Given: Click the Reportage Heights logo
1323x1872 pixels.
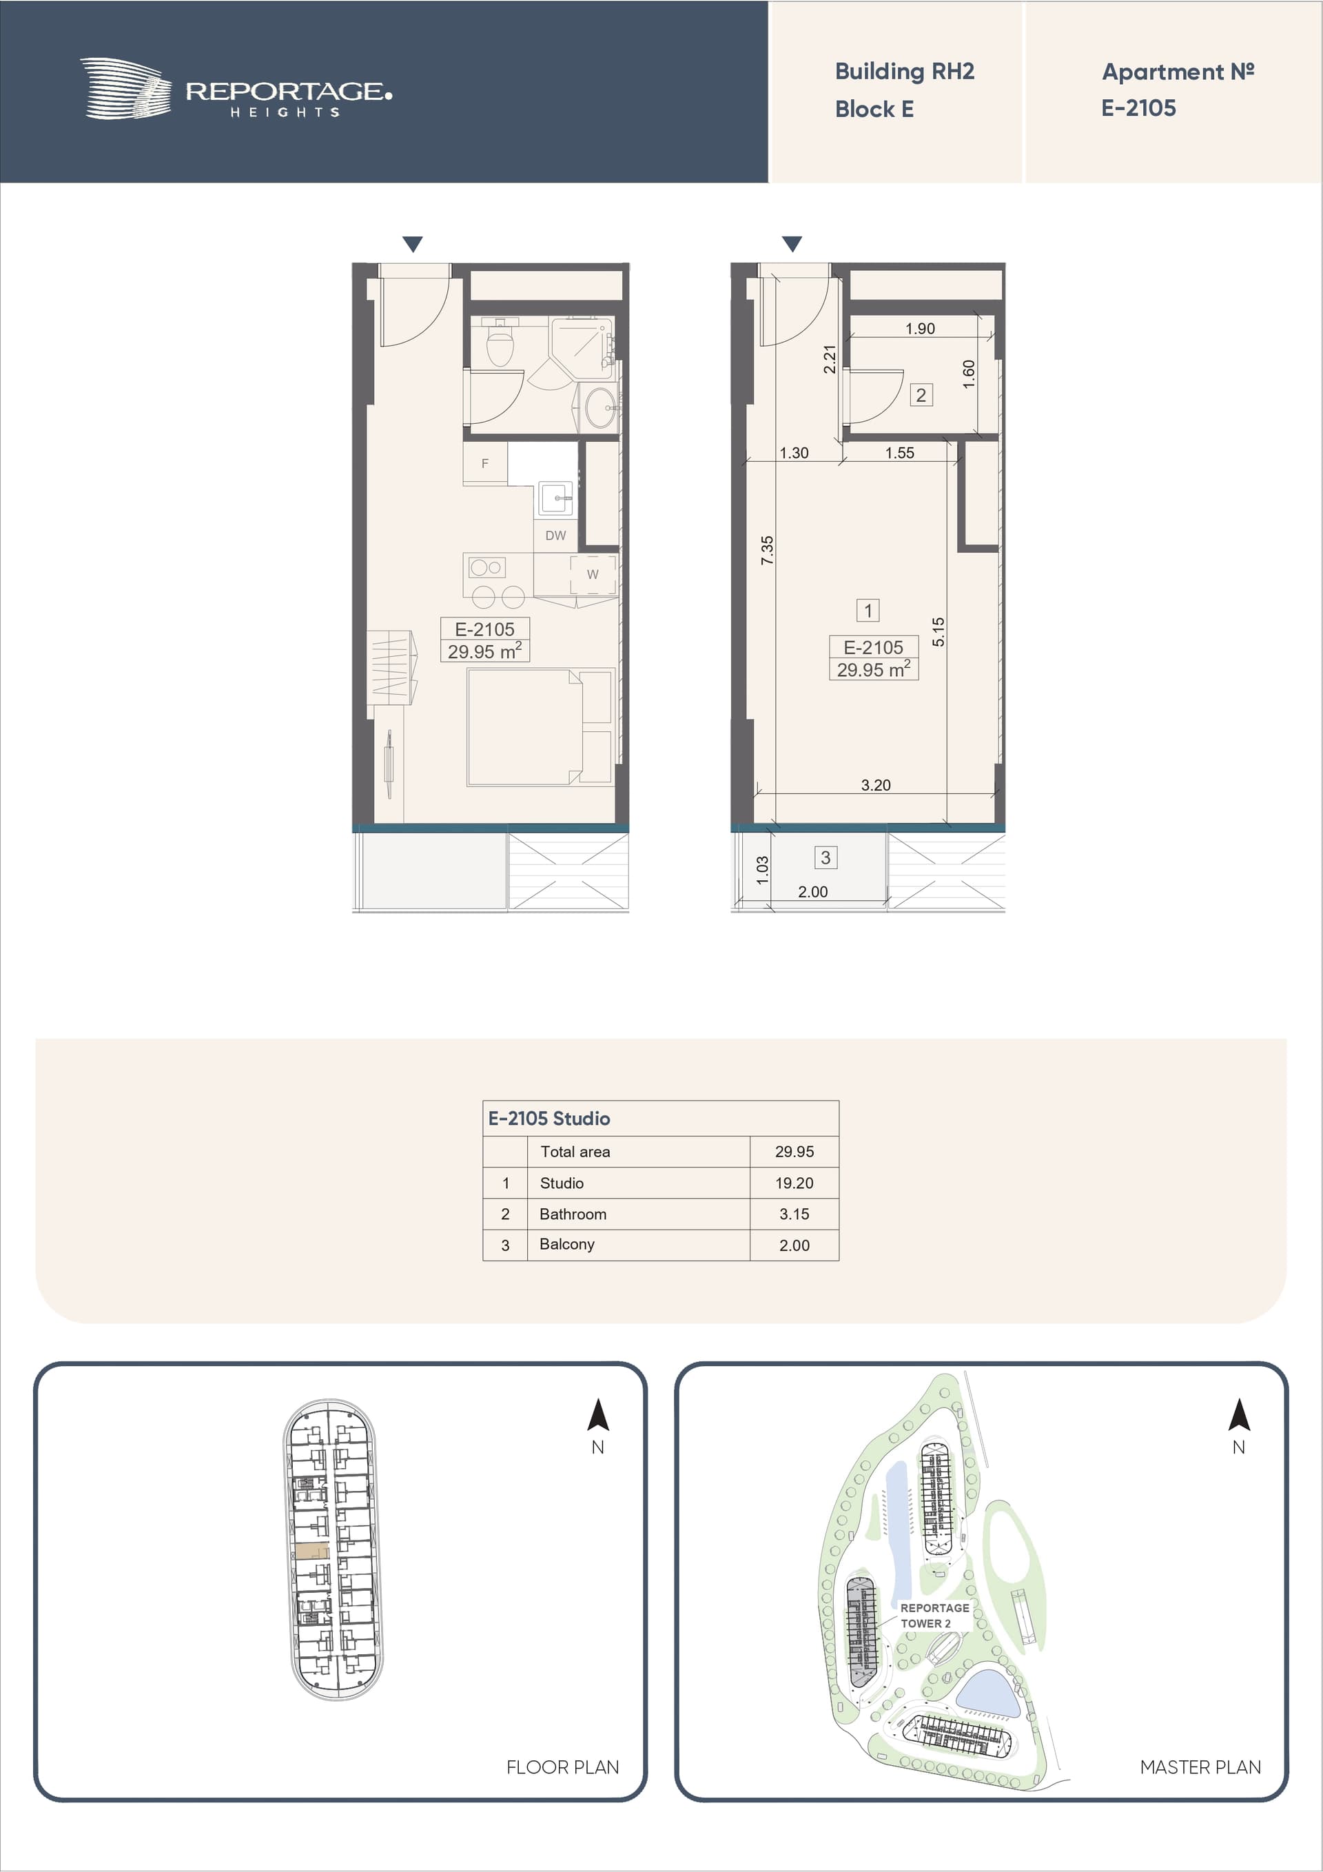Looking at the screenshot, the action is [236, 89].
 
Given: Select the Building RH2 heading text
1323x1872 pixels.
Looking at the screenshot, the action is [904, 72].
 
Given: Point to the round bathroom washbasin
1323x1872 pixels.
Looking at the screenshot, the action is [601, 406].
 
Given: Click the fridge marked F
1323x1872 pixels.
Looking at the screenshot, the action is [485, 463].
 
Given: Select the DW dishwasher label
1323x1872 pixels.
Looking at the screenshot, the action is [555, 536].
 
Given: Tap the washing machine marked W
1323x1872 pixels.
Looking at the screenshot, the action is [593, 574].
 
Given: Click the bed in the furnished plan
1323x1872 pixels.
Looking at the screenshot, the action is [540, 727].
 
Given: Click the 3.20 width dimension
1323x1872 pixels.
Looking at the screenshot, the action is [876, 785].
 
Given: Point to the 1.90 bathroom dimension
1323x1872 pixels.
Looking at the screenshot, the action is [919, 329].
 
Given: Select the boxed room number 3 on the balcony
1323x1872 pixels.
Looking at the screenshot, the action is [825, 857].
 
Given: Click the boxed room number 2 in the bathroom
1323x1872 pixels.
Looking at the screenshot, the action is [921, 396].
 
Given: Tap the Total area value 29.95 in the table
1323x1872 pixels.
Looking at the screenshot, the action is [794, 1151].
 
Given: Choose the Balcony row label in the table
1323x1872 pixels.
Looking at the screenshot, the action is [566, 1244].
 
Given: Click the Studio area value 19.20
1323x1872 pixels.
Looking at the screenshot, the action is [794, 1183].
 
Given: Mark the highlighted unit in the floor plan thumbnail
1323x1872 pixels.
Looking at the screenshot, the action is [311, 1551].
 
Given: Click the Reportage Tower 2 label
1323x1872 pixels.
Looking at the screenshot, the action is [934, 1615].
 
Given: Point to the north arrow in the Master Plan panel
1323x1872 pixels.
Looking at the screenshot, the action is [1239, 1414].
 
